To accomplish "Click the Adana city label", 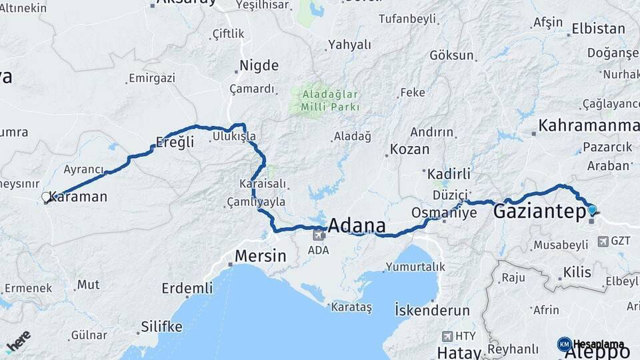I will point(357,224).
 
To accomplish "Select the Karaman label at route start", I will point(79,197).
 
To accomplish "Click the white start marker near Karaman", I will point(46,197).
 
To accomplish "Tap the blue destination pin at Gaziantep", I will point(592,210).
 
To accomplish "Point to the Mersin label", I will point(260,255).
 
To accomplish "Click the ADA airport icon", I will point(319,235).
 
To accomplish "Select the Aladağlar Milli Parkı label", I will point(330,100).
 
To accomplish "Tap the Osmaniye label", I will point(445,213).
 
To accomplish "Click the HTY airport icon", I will point(447,337).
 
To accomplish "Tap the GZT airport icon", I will point(603,241).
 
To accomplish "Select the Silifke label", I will point(161,327).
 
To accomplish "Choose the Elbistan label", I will point(598,29).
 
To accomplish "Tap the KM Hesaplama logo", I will point(591,344).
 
